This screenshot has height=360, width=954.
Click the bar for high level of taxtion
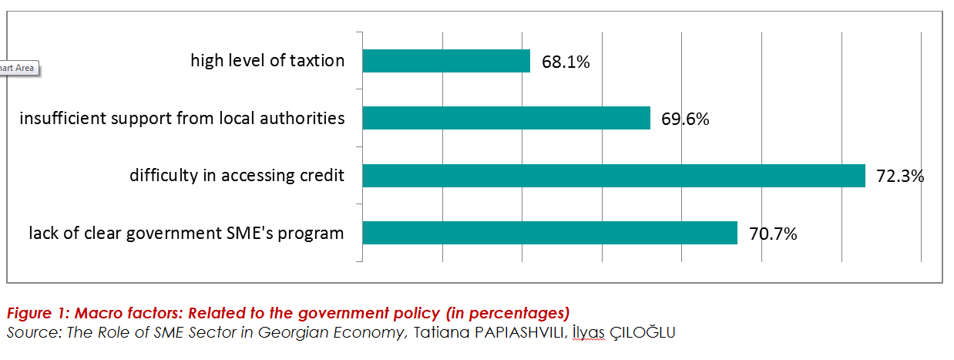click(446, 61)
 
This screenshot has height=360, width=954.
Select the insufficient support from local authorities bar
click(506, 118)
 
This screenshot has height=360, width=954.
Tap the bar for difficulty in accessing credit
click(613, 176)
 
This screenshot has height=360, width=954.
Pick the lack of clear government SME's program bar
click(549, 233)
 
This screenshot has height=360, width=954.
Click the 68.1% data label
click(566, 62)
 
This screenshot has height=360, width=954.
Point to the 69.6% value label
click(685, 119)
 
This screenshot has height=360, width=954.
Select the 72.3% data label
click(900, 177)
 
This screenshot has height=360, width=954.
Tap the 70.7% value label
click(773, 234)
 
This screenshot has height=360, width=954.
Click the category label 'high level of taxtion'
click(267, 61)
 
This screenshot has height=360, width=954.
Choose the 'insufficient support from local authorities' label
click(182, 118)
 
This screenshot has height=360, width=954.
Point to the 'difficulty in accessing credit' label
click(237, 176)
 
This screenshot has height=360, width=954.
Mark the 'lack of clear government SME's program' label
click(186, 233)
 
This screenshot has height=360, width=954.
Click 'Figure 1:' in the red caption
click(35, 314)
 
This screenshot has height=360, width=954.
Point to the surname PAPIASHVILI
click(516, 332)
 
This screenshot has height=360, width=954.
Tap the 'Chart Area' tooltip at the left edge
click(17, 68)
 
